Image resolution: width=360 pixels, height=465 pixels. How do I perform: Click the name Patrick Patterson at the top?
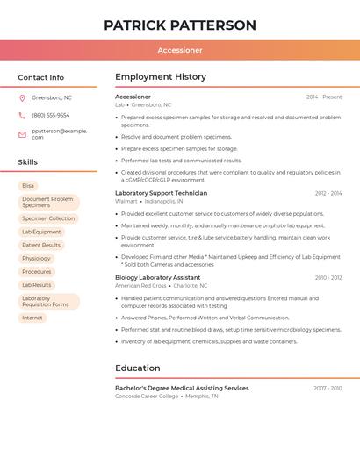[x=180, y=25]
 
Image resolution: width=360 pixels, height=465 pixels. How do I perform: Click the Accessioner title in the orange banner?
[x=180, y=50]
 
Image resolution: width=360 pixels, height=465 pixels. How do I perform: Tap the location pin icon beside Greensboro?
[x=22, y=98]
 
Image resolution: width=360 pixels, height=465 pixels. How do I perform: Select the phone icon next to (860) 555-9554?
[x=22, y=115]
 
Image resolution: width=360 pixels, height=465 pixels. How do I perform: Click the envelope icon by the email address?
[x=22, y=134]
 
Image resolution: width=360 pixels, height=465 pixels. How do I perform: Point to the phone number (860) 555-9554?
[x=50, y=115]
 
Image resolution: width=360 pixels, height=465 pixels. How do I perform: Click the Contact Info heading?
[x=41, y=77]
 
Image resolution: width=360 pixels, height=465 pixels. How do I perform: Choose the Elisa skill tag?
[x=28, y=185]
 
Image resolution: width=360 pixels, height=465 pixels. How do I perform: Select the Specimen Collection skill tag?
[x=48, y=218]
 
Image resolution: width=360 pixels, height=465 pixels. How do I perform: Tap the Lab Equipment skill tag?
[x=41, y=232]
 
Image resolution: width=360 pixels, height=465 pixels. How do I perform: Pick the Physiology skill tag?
[x=36, y=258]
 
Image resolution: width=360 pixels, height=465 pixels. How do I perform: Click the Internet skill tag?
[x=32, y=318]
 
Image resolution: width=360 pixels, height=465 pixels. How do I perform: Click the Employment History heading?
[x=161, y=77]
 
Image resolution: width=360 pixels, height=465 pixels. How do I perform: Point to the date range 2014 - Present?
[x=324, y=97]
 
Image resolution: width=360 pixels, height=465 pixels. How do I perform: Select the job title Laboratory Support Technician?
[x=161, y=193]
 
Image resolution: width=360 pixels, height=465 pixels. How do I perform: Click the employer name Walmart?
[x=126, y=201]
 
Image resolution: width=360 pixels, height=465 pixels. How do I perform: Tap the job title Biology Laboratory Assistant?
[x=157, y=277]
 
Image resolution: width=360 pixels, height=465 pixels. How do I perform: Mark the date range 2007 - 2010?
[x=328, y=388]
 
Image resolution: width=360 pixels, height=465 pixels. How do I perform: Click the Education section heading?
[x=138, y=368]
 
